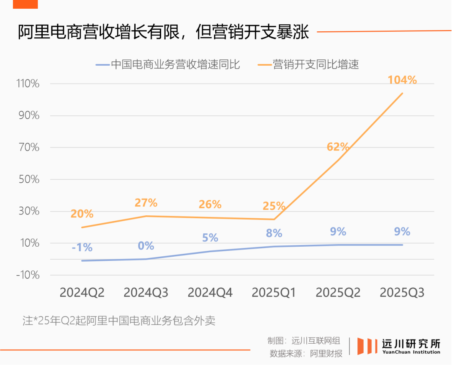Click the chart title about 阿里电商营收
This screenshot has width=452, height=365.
pos(163,32)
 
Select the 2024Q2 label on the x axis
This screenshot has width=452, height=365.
pos(82,293)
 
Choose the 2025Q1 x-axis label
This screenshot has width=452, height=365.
pos(274,293)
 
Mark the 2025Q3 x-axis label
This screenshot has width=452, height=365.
pos(402,293)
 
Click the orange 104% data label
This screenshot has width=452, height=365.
pos(402,80)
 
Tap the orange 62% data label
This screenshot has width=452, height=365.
pos(338,147)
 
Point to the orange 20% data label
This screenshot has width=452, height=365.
pos(82,214)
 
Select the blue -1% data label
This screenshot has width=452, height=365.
pos(82,248)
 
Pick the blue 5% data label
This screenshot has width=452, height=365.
pos(210,238)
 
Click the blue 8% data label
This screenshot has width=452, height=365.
pos(274,233)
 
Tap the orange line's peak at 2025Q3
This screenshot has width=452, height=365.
pos(402,93)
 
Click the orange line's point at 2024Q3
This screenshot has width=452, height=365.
pos(146,216)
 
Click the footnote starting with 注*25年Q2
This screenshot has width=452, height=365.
pos(119,321)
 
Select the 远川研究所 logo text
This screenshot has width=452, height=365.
pos(411,344)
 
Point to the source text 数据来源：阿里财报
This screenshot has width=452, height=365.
pos(306,353)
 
